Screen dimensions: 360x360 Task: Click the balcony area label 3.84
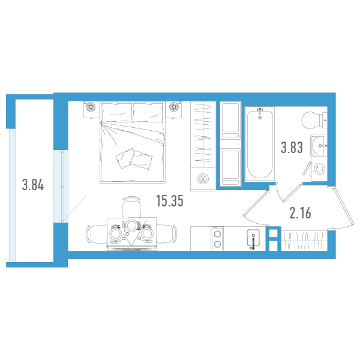(x=33, y=185)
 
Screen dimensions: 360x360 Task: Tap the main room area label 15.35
(x=170, y=200)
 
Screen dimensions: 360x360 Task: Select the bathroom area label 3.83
(x=292, y=148)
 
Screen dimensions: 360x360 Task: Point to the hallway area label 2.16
(x=301, y=213)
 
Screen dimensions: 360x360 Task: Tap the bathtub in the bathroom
(x=260, y=144)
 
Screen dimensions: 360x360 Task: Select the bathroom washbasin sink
(x=319, y=146)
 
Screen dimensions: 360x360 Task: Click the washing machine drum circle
(x=319, y=169)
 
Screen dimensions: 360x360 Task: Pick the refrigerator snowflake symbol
(x=203, y=179)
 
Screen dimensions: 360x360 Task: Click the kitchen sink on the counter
(x=253, y=239)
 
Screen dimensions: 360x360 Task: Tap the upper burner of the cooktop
(x=217, y=235)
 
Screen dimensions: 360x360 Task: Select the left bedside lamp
(x=91, y=106)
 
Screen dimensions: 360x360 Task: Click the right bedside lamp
(x=174, y=106)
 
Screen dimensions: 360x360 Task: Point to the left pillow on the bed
(x=117, y=113)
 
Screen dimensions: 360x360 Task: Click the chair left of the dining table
(x=97, y=234)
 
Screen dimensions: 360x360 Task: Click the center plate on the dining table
(x=131, y=226)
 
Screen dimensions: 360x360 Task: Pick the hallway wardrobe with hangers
(x=304, y=241)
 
